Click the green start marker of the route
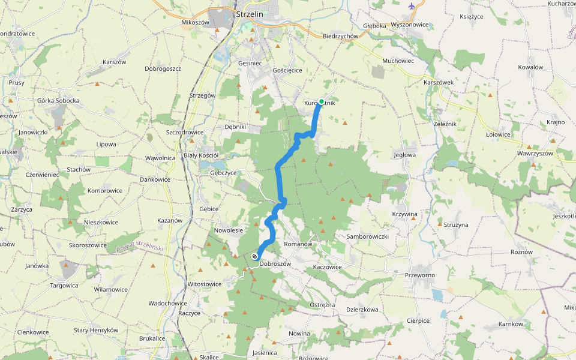pyautogui.click(x=322, y=101)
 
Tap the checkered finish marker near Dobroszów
pyautogui.click(x=256, y=257)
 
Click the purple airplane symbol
pyautogui.click(x=411, y=7)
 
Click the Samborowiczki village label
pyautogui.click(x=368, y=236)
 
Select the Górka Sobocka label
pyautogui.click(x=58, y=100)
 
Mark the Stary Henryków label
pyautogui.click(x=96, y=330)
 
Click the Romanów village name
pyautogui.click(x=299, y=244)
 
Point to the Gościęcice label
pyautogui.click(x=287, y=70)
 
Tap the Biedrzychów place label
pyautogui.click(x=340, y=36)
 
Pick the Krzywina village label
pyautogui.click(x=404, y=214)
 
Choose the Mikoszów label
pyautogui.click(x=194, y=22)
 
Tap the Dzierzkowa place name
pyautogui.click(x=362, y=310)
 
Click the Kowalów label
pyautogui.click(x=530, y=67)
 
